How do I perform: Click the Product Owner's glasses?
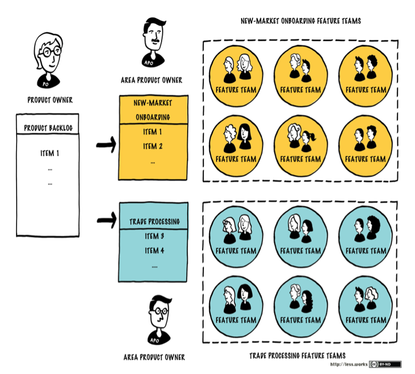click(x=49, y=53)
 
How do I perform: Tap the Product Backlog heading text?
click(x=48, y=128)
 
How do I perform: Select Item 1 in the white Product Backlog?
click(x=49, y=154)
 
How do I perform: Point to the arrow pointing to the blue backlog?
click(x=106, y=219)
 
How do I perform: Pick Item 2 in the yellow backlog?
click(x=153, y=146)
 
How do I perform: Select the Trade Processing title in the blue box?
click(x=154, y=222)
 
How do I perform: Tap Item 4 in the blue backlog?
click(x=154, y=250)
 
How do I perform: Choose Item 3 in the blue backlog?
click(x=154, y=236)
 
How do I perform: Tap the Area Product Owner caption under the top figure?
click(x=151, y=81)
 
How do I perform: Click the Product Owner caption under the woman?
click(x=50, y=100)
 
